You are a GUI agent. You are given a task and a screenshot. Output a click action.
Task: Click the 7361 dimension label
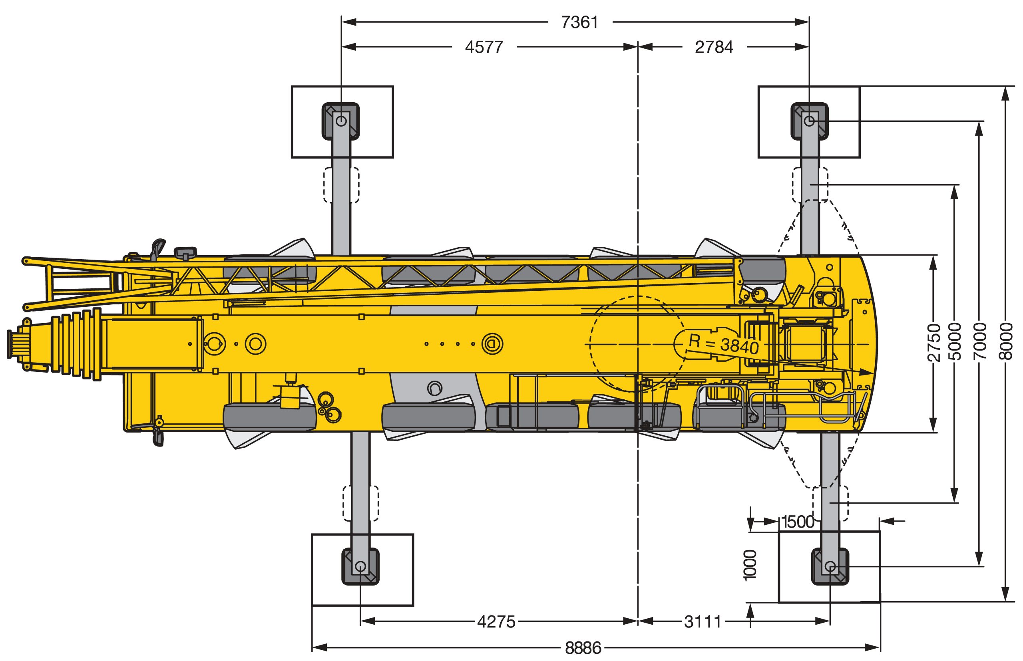[580, 22]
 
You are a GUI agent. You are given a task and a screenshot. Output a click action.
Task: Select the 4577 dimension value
[484, 47]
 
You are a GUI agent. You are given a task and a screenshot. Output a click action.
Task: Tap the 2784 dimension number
[714, 47]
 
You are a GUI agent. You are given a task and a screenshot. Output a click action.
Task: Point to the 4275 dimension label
[496, 621]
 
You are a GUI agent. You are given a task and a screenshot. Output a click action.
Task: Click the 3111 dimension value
[703, 621]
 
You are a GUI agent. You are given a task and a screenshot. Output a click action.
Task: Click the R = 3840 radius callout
[724, 343]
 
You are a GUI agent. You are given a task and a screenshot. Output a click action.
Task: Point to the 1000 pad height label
[749, 565]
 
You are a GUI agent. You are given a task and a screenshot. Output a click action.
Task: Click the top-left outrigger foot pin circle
[341, 121]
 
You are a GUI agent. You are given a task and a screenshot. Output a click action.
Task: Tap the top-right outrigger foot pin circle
[810, 121]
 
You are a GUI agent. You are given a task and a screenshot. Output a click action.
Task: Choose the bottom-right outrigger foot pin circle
[830, 567]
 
